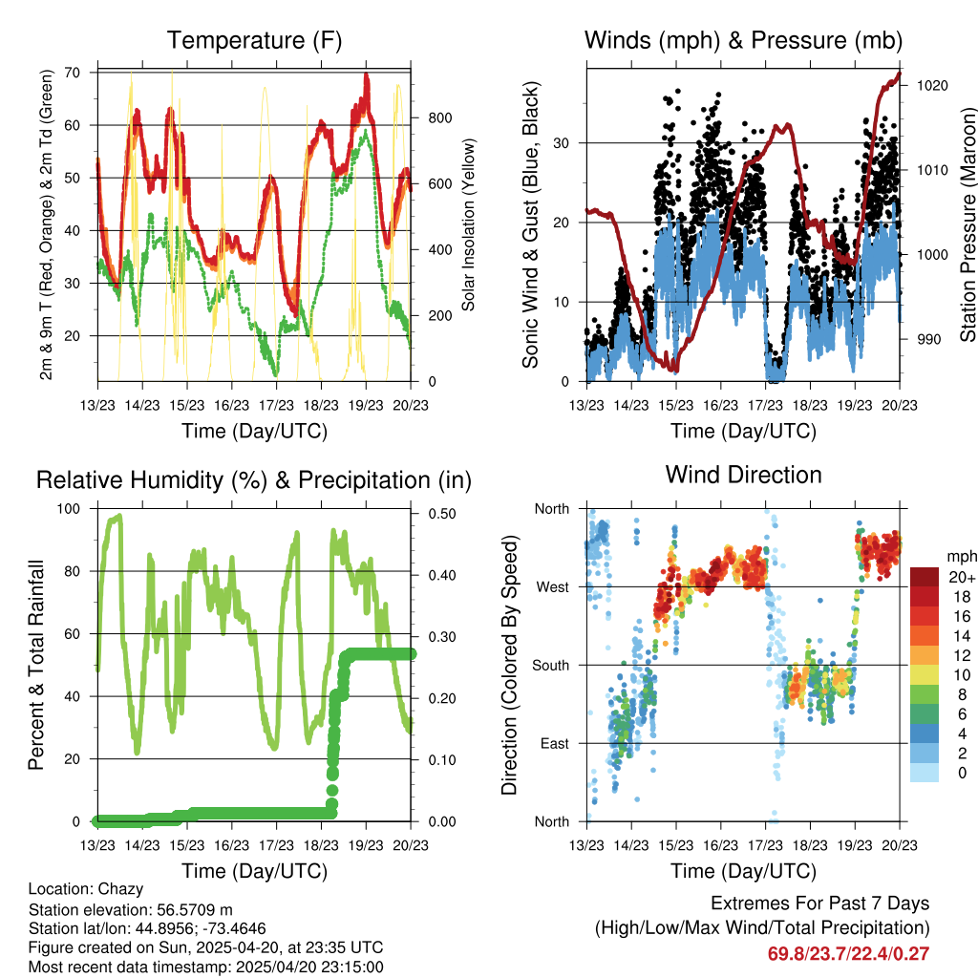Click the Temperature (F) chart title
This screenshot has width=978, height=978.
pyautogui.click(x=254, y=41)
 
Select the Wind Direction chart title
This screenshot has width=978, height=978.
pyautogui.click(x=743, y=475)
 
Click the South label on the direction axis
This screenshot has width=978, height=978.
pyautogui.click(x=549, y=665)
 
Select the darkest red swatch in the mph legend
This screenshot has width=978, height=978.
pyautogui.click(x=925, y=577)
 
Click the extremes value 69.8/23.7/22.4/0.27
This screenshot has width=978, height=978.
pyautogui.click(x=848, y=953)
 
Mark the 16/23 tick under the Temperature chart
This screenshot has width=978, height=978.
pyautogui.click(x=232, y=405)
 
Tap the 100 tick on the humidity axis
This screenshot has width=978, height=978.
pyautogui.click(x=72, y=509)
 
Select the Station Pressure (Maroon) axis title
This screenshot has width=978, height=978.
pyautogui.click(x=967, y=212)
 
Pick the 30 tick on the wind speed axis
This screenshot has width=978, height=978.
pyautogui.click(x=569, y=143)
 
